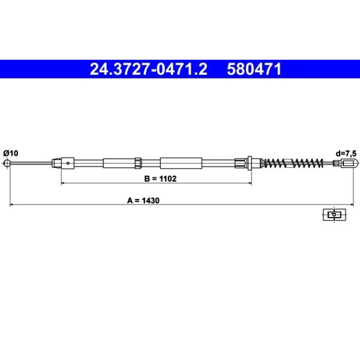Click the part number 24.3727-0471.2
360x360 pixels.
[x=148, y=69]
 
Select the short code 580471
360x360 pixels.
[x=254, y=69]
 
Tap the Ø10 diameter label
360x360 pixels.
[x=11, y=153]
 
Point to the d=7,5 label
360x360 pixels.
[x=346, y=153]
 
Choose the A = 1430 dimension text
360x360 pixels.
[x=143, y=201]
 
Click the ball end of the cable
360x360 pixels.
[x=7, y=163]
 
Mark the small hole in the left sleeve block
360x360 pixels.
[x=68, y=163]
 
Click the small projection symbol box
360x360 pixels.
[x=334, y=215]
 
